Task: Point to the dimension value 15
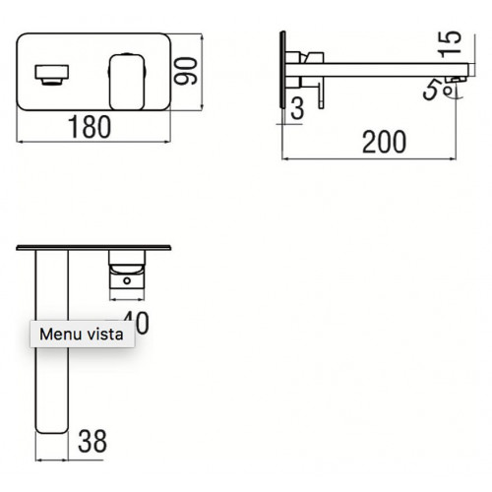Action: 452,43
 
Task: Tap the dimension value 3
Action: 296,109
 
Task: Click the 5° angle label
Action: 433,91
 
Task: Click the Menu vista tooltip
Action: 82,335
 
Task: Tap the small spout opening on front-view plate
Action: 50,74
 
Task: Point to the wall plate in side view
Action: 284,74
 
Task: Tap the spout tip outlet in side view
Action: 455,77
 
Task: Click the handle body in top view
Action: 126,268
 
